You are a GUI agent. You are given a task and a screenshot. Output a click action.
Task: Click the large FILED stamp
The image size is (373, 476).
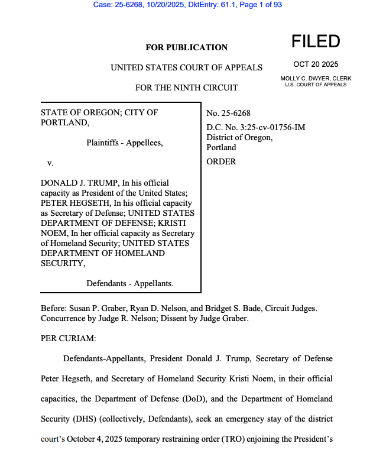(316, 41)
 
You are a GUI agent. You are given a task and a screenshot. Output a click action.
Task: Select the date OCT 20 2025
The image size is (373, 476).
(316, 64)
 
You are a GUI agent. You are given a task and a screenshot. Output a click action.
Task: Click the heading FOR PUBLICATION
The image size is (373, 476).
(186, 47)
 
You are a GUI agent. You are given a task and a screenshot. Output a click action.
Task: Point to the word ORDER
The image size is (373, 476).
(221, 161)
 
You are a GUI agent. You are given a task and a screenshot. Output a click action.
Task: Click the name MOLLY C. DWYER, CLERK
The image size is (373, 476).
(316, 78)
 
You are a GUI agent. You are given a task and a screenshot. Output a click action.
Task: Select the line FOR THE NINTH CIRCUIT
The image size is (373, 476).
(186, 88)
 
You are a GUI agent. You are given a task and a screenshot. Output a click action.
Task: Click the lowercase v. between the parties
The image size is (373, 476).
(51, 162)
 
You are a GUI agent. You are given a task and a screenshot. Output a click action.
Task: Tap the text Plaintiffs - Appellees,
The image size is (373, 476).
(124, 143)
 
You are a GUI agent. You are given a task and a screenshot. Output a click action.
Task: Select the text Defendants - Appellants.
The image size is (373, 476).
(130, 283)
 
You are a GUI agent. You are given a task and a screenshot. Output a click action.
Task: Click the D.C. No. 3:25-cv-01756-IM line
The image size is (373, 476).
(255, 127)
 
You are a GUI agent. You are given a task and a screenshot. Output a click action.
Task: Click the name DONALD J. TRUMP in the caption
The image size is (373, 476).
(74, 183)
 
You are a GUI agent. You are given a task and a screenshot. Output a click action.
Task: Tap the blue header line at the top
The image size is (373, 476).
(187, 5)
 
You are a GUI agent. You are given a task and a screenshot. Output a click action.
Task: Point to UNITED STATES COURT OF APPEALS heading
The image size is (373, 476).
(186, 67)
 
